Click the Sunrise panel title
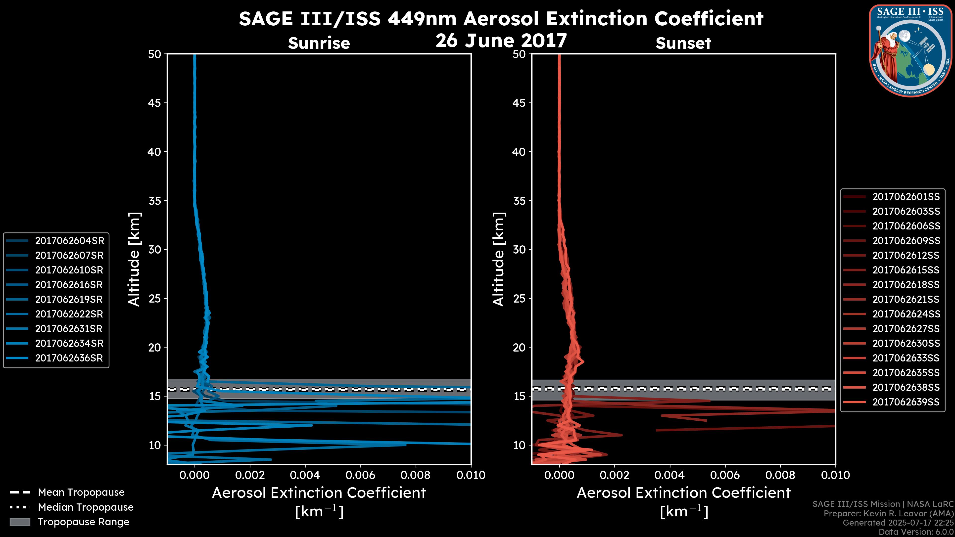point(319,43)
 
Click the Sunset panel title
point(683,43)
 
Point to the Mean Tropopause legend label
point(81,492)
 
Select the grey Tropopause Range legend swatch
point(20,522)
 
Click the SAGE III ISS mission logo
point(910,50)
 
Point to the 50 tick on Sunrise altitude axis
point(155,54)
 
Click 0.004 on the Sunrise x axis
point(305,475)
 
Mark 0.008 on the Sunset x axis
point(780,475)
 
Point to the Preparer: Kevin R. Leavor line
point(889,514)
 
